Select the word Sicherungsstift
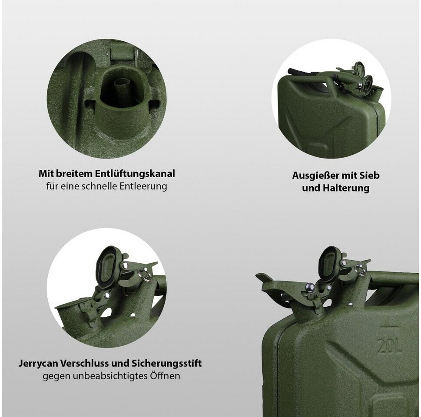click(x=166, y=364)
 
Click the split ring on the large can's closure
click(x=361, y=270)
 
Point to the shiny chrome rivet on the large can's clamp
click(x=310, y=287)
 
